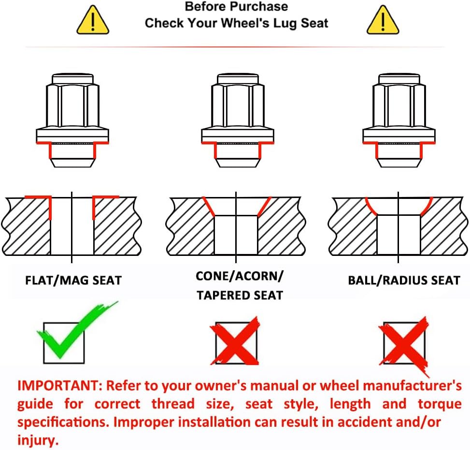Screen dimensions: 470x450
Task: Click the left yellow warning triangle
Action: [x=93, y=20]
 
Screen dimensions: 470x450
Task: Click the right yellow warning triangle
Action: [x=383, y=20]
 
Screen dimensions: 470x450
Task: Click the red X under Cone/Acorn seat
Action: [x=235, y=341]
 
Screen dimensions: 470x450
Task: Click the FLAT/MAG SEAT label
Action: [x=73, y=281]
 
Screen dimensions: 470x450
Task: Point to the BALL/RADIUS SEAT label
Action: [x=404, y=281]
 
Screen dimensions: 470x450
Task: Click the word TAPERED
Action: [x=223, y=295]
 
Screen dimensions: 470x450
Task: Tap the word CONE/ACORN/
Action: [x=239, y=276]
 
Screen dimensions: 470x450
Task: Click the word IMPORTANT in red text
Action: [x=57, y=386]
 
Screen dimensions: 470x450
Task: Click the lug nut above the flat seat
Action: [x=72, y=120]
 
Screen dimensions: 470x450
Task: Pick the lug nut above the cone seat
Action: [x=237, y=120]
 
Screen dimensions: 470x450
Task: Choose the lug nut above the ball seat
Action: [x=399, y=120]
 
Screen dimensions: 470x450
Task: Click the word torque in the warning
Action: [x=440, y=404]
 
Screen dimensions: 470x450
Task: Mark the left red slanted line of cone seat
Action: [x=209, y=207]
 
